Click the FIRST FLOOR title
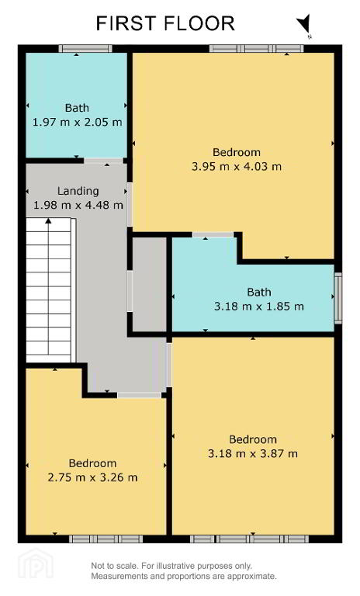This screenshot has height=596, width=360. [165, 23]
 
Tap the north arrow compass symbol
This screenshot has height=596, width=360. [304, 24]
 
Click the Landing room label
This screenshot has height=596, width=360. [78, 191]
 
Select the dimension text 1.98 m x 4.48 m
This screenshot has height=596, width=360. [78, 205]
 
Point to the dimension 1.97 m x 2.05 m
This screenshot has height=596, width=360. [77, 123]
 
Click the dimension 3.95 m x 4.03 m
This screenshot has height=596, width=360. [237, 167]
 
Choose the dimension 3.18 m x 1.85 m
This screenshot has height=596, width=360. [259, 307]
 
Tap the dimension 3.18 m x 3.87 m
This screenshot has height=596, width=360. [253, 453]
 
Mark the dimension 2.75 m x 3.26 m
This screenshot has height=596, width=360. [93, 477]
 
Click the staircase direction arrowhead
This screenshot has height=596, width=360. [48, 220]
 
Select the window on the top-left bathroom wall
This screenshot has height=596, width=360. [85, 48]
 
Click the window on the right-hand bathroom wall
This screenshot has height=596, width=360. [338, 298]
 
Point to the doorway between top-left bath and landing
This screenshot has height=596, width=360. [103, 161]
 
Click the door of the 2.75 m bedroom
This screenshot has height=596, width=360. [139, 395]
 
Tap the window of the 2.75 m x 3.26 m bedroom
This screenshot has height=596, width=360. [106, 539]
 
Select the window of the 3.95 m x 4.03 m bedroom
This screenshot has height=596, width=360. [257, 48]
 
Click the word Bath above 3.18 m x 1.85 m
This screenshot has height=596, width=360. [259, 292]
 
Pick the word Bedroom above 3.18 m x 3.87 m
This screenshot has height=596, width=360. [253, 439]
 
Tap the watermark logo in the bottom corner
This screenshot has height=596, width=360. [36, 565]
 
